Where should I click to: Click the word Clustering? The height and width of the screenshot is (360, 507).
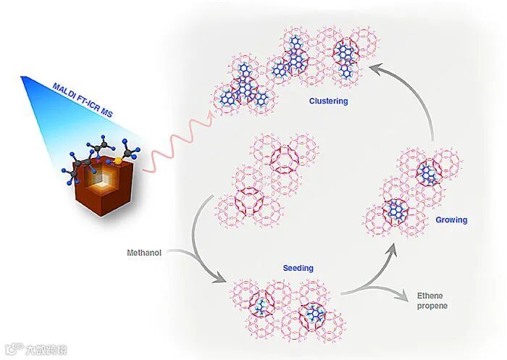click(328, 101)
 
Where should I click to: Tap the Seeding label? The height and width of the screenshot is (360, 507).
click(298, 268)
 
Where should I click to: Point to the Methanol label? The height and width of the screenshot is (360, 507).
click(144, 253)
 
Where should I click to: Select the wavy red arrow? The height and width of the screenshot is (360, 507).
click(174, 148)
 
